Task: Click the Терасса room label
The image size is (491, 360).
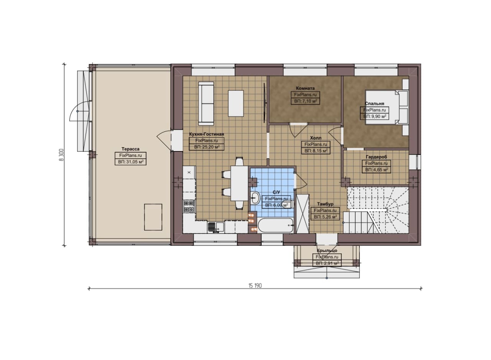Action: point(130,149)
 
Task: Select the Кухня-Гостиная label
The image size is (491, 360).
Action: point(206,134)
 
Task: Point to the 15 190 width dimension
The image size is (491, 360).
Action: point(255,286)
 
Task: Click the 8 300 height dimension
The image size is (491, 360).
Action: point(61,155)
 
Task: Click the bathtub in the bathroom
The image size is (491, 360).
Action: point(276,225)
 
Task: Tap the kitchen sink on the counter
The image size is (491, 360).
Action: point(216,227)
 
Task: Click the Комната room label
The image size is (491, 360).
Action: point(305,88)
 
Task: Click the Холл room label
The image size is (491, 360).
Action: point(316,138)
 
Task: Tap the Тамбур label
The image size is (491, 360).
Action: point(325,204)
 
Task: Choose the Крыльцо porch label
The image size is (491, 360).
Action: point(327,250)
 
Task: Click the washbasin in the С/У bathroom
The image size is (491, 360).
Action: point(255,198)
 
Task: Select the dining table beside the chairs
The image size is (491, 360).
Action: point(239,183)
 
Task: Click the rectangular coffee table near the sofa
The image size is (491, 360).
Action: point(236,104)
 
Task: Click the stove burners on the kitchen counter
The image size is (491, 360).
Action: point(189,207)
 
